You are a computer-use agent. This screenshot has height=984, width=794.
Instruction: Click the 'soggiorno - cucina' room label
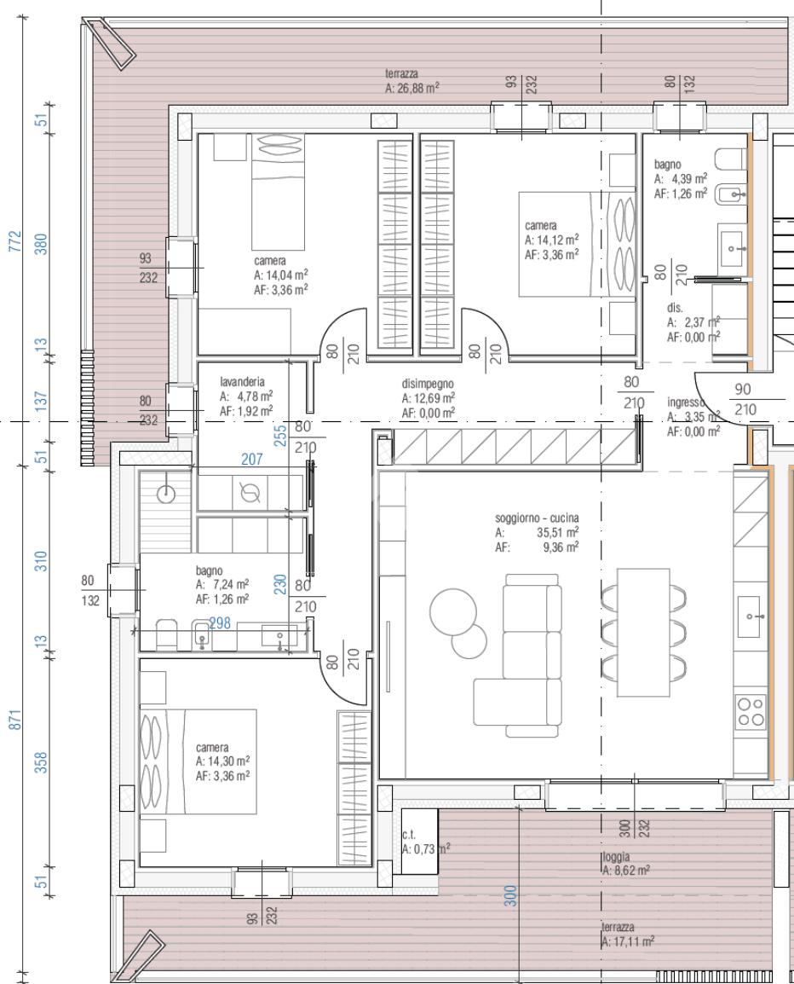[537, 518]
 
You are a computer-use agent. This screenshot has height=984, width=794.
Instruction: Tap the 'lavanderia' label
[242, 381]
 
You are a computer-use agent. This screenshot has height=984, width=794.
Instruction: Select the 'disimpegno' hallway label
[428, 384]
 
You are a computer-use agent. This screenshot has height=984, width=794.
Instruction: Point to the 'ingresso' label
[686, 402]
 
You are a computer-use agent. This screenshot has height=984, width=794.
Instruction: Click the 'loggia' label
[616, 857]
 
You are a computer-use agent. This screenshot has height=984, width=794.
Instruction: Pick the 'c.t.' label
[409, 835]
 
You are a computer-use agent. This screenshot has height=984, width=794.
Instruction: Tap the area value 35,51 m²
[557, 533]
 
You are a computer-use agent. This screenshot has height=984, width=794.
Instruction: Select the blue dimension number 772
[15, 241]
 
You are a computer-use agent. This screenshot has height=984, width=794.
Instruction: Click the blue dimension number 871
[15, 720]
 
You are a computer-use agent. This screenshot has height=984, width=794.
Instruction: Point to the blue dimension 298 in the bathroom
[220, 623]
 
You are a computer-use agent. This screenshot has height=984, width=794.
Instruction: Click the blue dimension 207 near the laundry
[252, 460]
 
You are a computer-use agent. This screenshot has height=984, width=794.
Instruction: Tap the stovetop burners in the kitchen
[751, 712]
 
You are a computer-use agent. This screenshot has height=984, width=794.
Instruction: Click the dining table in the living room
[643, 633]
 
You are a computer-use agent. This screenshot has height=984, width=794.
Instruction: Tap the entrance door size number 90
[743, 389]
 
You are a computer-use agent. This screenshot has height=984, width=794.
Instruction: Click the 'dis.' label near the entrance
[675, 308]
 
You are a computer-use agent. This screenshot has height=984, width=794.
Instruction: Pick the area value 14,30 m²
[229, 761]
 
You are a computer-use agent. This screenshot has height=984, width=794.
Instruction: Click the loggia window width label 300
[624, 828]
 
